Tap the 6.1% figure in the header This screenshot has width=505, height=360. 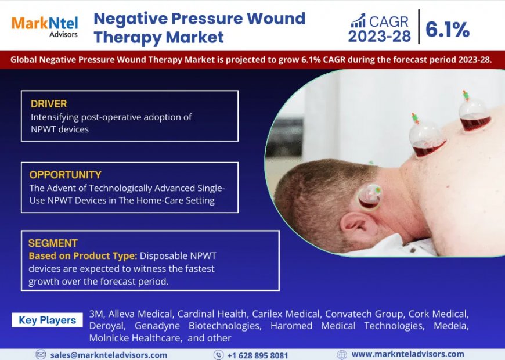tap(448, 29)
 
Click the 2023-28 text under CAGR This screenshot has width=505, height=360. tap(379, 37)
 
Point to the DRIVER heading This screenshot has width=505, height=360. tap(49, 104)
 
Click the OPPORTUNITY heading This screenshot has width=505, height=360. tap(65, 175)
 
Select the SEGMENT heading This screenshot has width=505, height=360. tap(53, 243)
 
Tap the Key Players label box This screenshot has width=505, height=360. tap(47, 320)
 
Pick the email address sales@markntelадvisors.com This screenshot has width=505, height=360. tap(109, 355)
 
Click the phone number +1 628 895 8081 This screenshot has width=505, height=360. tap(257, 355)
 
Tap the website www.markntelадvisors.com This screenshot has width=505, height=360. tap(407, 354)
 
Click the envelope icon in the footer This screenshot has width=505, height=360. tap(41, 355)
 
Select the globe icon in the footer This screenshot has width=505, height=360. tap(342, 355)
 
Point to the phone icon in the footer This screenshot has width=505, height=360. tap(218, 355)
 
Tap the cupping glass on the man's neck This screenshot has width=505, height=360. tap(370, 196)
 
